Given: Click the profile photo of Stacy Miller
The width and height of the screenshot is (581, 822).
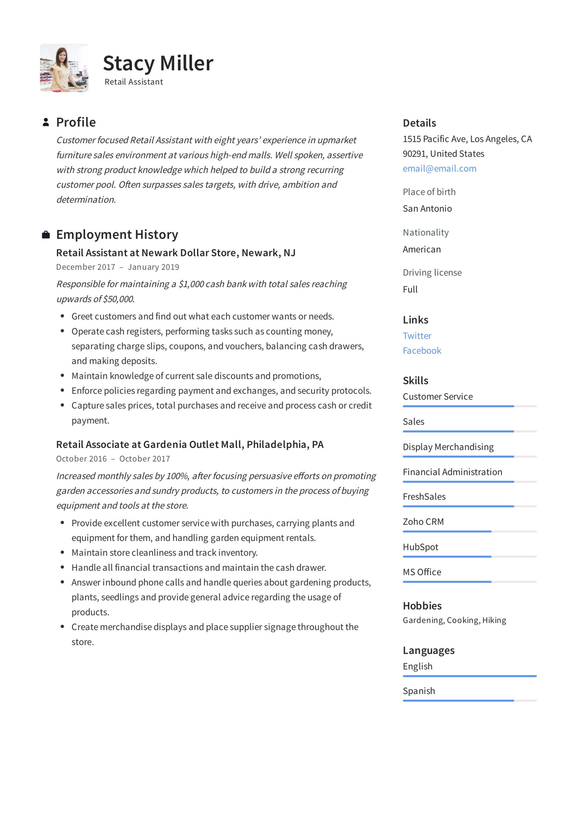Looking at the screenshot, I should [64, 68].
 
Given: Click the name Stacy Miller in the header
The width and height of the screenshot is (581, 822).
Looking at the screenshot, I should [158, 63].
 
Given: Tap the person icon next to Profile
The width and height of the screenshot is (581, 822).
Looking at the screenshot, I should [46, 122].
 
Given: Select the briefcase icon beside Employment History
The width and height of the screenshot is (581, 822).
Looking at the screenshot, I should [46, 235].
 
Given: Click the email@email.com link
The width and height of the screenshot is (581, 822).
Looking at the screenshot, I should [439, 169].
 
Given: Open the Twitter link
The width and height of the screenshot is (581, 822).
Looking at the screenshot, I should [417, 336].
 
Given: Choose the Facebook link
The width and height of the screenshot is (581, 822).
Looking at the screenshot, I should [422, 351].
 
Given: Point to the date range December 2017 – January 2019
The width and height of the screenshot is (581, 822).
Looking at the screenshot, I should [118, 267].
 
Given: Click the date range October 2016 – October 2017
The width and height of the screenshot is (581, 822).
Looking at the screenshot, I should [113, 459].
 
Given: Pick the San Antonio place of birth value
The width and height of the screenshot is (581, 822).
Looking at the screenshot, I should [427, 209].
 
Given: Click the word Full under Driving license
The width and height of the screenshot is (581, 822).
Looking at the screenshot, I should [410, 289].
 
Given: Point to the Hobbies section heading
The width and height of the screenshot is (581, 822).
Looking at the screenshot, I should [422, 606].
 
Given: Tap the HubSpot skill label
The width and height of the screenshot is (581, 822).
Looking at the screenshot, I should [420, 547].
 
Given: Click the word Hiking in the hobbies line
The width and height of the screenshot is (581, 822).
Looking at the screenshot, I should [494, 620].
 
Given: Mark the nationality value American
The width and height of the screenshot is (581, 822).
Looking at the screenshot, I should [422, 249].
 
